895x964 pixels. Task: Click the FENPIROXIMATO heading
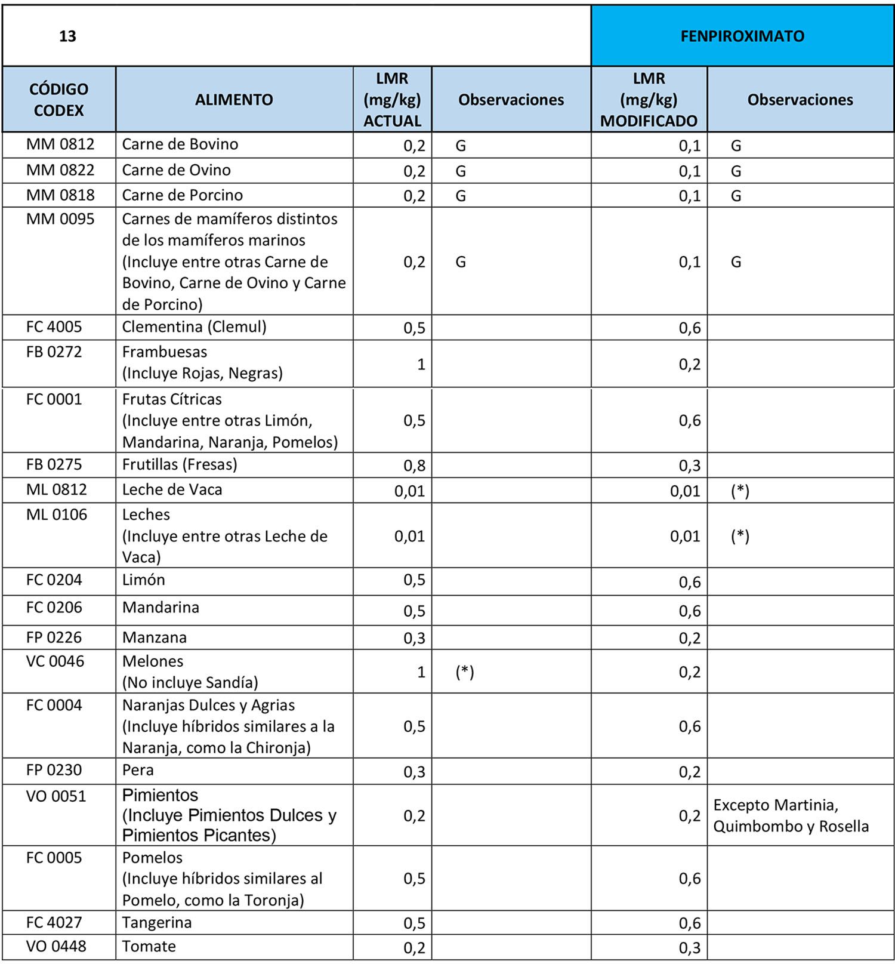tap(742, 36)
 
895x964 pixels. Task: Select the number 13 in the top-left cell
tap(67, 36)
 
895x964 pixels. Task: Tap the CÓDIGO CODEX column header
tap(58, 100)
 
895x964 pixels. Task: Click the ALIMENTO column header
tap(234, 100)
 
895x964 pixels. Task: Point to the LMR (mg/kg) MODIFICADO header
tap(649, 100)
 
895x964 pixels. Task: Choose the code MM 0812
tap(60, 144)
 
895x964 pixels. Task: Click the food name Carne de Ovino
tap(176, 170)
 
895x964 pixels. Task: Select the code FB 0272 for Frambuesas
tap(54, 352)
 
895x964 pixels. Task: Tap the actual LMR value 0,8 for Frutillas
tap(414, 466)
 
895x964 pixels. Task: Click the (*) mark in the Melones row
tap(464, 672)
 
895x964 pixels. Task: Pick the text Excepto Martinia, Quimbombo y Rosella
tap(791, 815)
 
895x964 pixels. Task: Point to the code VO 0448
tap(56, 946)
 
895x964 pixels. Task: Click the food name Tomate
tap(149, 946)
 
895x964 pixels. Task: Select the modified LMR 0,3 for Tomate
tap(689, 948)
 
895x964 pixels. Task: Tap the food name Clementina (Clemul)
tap(194, 327)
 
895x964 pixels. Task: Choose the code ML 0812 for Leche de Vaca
tap(57, 489)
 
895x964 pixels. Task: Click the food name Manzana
tap(154, 637)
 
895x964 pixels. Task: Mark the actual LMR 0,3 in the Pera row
tap(414, 772)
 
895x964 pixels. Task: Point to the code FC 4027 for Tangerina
tap(54, 922)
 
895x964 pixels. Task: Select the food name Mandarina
tap(161, 608)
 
